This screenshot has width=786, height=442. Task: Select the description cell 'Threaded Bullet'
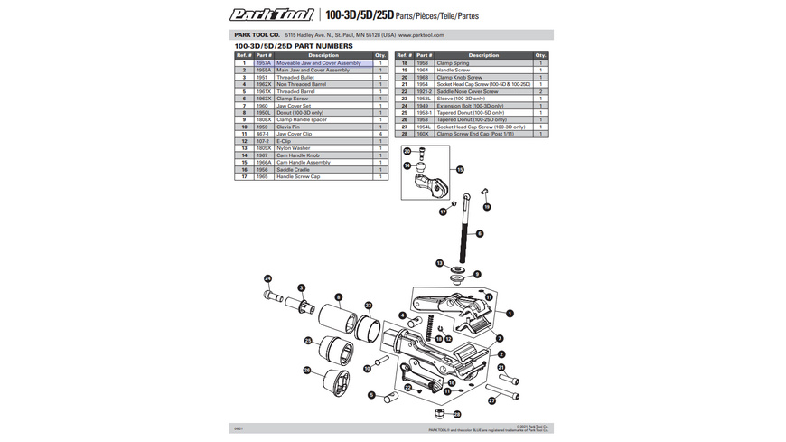pyautogui.click(x=295, y=78)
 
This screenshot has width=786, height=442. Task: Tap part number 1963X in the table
pyautogui.click(x=264, y=99)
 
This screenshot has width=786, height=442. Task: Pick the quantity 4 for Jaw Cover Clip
pyautogui.click(x=380, y=134)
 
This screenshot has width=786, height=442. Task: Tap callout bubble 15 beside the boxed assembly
pyautogui.click(x=460, y=169)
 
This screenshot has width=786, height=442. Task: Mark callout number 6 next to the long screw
pyautogui.click(x=480, y=233)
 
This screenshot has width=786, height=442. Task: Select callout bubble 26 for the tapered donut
pyautogui.click(x=308, y=371)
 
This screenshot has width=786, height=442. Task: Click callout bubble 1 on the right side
pyautogui.click(x=510, y=313)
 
